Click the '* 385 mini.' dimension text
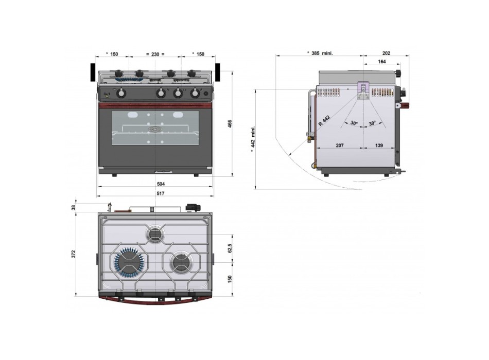click(320, 53)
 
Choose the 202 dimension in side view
click(387, 53)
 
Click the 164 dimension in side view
click(381, 62)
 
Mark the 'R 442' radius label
click(324, 120)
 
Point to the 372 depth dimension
click(74, 254)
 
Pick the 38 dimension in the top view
click(74, 207)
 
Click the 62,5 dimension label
click(230, 248)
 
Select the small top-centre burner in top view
click(155, 234)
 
